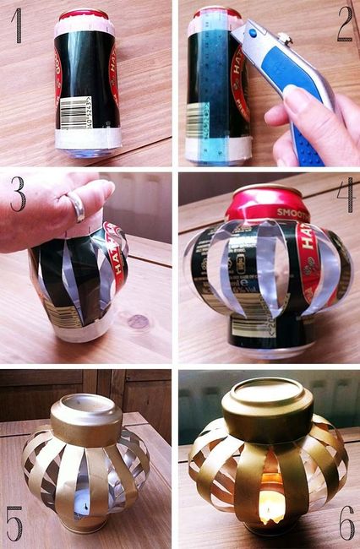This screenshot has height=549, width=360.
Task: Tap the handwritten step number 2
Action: (344, 24)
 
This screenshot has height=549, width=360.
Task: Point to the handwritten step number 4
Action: (344, 197)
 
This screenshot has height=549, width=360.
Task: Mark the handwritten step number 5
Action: (14, 524)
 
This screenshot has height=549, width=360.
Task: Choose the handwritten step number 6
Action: (346, 524)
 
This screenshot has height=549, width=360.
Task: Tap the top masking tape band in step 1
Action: (85, 26)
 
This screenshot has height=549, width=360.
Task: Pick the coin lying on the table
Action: (137, 322)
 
